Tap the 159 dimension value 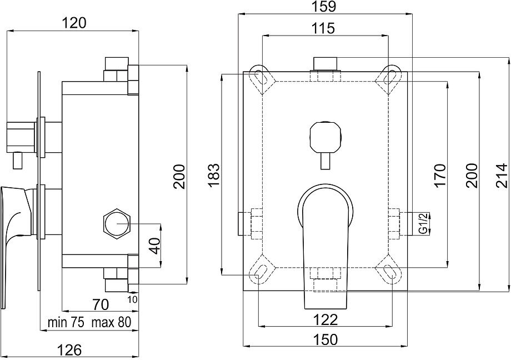click(325, 7)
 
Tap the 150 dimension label click(325, 339)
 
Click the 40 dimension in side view click(158, 245)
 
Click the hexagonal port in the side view click(117, 223)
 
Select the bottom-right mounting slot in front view click(388, 272)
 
